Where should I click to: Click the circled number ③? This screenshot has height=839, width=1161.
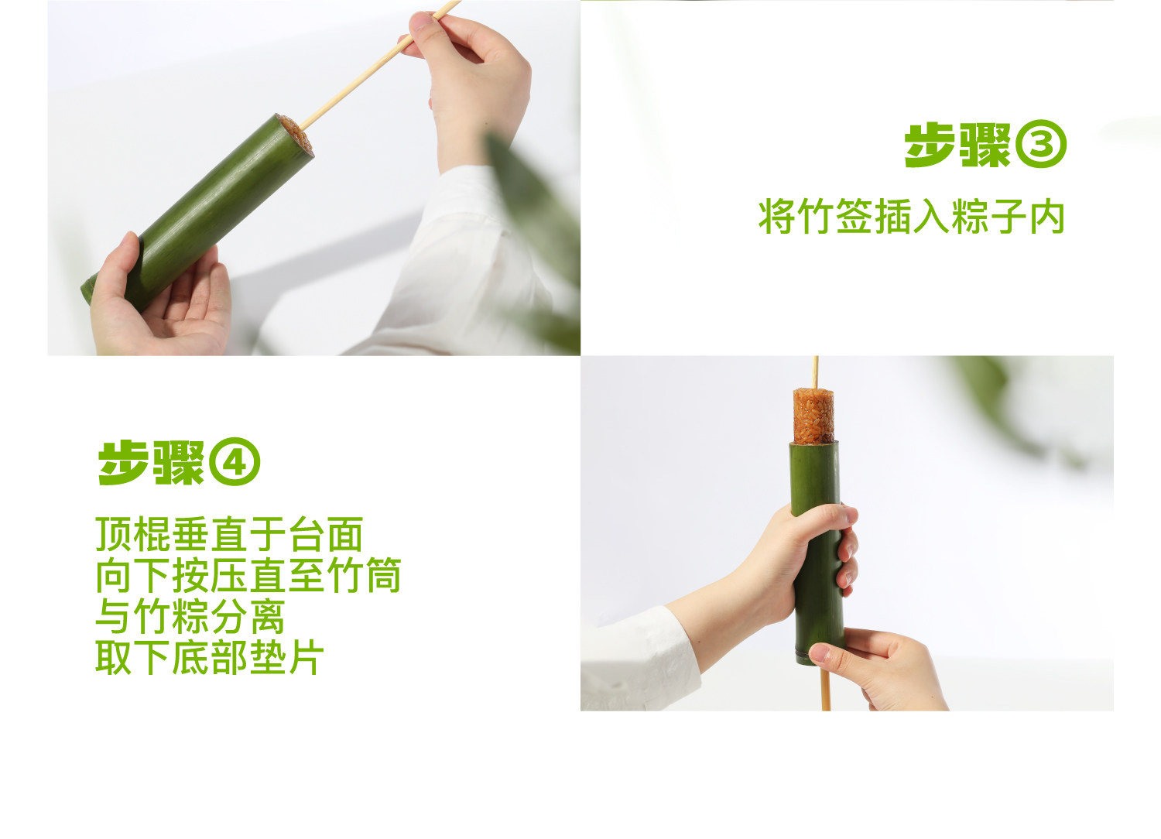pyautogui.click(x=1040, y=146)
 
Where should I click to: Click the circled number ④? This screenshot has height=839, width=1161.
pyautogui.click(x=235, y=464)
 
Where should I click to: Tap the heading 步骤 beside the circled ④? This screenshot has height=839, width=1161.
pyautogui.click(x=152, y=464)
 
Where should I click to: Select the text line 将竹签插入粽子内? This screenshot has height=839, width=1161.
pyautogui.click(x=912, y=217)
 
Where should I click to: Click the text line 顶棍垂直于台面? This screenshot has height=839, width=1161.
pyautogui.click(x=229, y=535)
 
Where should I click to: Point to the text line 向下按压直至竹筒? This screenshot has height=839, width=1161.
pyautogui.click(x=248, y=576)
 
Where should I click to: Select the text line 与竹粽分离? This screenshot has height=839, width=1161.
pyautogui.click(x=190, y=617)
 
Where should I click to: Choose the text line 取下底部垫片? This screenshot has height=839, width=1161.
pyautogui.click(x=209, y=658)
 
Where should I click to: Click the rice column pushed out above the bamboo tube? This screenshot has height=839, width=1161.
pyautogui.click(x=813, y=416)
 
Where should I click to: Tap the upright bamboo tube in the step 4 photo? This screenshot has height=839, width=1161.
pyautogui.click(x=815, y=480)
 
